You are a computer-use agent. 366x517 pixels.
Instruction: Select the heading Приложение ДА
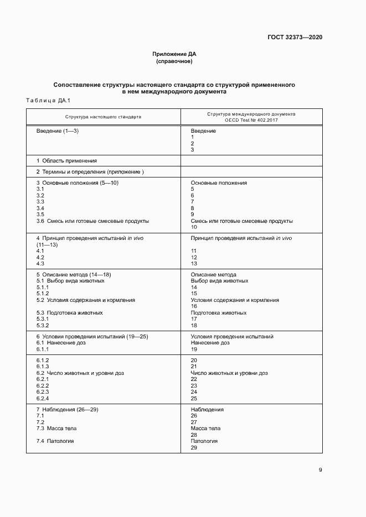click(174, 54)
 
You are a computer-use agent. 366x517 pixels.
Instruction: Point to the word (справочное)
click(174, 61)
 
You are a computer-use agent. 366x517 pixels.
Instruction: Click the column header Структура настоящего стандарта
click(103, 117)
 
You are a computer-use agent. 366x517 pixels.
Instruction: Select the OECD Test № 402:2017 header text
click(251, 120)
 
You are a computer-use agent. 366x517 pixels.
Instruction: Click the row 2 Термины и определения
click(86, 172)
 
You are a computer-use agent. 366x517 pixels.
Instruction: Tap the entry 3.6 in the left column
click(40, 221)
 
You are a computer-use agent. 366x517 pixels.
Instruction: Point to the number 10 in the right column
click(194, 227)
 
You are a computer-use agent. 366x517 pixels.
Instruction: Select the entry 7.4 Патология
click(55, 441)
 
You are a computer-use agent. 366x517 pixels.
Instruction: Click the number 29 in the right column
click(194, 447)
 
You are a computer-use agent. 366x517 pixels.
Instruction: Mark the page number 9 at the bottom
click(320, 470)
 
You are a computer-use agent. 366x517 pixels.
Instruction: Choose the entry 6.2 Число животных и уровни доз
click(80, 373)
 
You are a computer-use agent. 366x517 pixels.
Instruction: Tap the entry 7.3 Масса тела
click(56, 429)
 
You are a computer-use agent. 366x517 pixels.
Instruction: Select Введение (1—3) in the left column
click(58, 131)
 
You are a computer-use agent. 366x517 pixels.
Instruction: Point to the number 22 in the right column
click(194, 379)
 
